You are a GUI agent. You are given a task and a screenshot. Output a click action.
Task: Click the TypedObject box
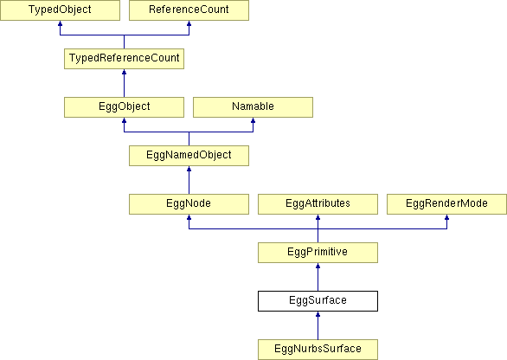pyautogui.click(x=60, y=10)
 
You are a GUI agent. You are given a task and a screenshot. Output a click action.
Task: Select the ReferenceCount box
pyautogui.click(x=189, y=10)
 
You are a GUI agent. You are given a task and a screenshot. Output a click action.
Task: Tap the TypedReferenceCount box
pyautogui.click(x=125, y=59)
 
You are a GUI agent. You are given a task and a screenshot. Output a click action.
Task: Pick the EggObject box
pyautogui.click(x=125, y=107)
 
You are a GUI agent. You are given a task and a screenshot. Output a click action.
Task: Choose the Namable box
pyautogui.click(x=253, y=107)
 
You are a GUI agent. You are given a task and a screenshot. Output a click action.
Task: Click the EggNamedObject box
pyautogui.click(x=189, y=156)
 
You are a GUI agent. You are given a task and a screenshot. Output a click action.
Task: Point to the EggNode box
pyautogui.click(x=189, y=204)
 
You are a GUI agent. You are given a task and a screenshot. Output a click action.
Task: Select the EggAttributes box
pyautogui.click(x=318, y=204)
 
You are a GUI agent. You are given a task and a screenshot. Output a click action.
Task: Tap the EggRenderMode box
pyautogui.click(x=446, y=204)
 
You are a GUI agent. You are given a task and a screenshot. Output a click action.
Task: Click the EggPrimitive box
pyautogui.click(x=318, y=253)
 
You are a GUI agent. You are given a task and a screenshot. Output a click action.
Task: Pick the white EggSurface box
pyautogui.click(x=318, y=301)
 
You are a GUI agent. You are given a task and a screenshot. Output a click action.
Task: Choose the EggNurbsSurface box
pyautogui.click(x=318, y=350)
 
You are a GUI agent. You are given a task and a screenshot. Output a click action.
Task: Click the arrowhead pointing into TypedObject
pyautogui.click(x=60, y=23)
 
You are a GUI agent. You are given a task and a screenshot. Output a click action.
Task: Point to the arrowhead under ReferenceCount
pyautogui.click(x=189, y=23)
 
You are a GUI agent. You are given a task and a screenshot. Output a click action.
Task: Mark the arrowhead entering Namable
pyautogui.click(x=253, y=120)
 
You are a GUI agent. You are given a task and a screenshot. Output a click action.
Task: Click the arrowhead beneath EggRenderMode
pyautogui.click(x=446, y=217)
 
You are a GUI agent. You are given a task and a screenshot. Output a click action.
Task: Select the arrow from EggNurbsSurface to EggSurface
pyautogui.click(x=318, y=325)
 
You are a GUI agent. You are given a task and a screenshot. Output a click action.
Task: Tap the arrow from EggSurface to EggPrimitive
pyautogui.click(x=318, y=277)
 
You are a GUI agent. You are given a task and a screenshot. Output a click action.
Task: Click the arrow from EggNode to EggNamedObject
pyautogui.click(x=189, y=180)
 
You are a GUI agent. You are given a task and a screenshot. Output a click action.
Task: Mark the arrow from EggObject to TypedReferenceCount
pyautogui.click(x=125, y=83)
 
